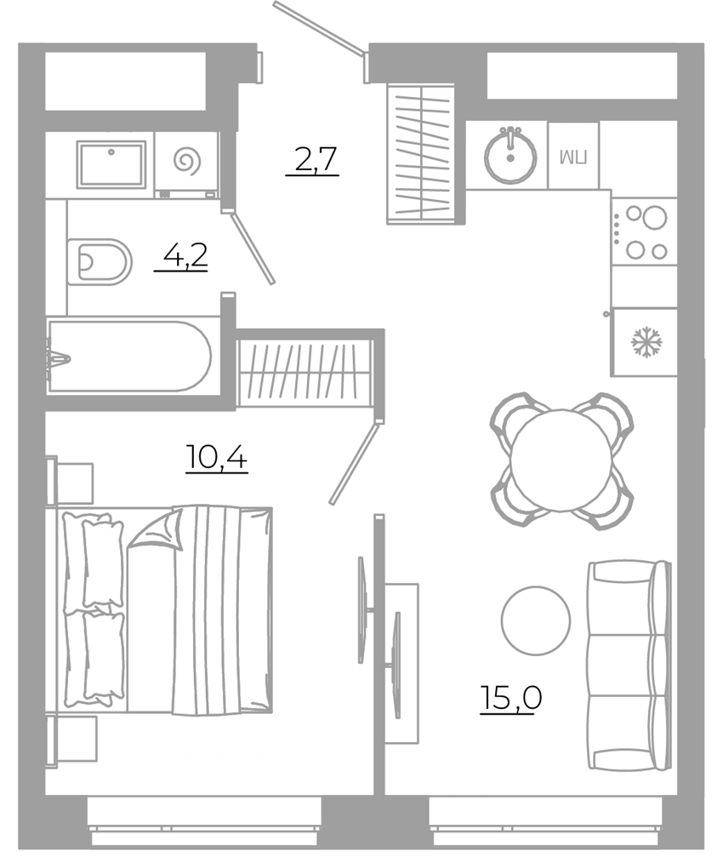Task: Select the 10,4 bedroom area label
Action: (217, 456)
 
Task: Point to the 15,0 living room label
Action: (510, 697)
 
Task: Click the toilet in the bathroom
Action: (100, 261)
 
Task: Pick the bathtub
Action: (128, 356)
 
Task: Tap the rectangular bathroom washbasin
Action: (111, 164)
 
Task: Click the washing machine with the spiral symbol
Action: (187, 163)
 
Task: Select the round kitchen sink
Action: (510, 157)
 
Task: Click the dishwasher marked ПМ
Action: (573, 157)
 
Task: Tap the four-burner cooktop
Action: (644, 231)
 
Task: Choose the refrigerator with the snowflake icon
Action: (645, 342)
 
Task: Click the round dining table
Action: (561, 460)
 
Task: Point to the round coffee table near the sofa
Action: (535, 620)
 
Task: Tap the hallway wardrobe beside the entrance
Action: (422, 153)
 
